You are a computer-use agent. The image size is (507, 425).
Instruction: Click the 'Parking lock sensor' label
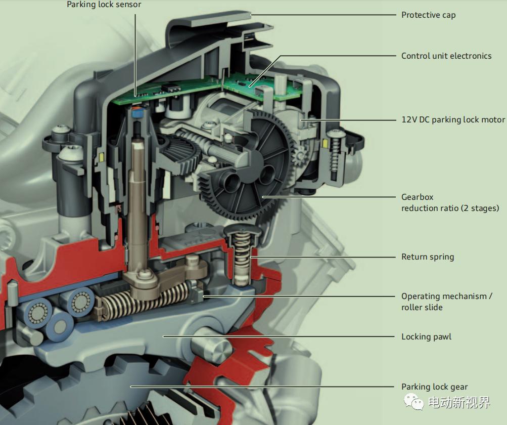(104, 5)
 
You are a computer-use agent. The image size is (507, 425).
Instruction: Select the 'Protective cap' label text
(428, 15)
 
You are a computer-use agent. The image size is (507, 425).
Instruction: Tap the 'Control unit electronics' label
(446, 56)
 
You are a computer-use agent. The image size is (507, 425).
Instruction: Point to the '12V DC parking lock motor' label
(453, 120)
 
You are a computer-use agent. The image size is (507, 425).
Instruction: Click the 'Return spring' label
(427, 257)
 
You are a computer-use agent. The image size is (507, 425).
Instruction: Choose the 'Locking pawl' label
(426, 336)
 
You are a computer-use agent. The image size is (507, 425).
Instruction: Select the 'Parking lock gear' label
(434, 387)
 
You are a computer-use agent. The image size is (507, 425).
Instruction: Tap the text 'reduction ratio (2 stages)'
(450, 208)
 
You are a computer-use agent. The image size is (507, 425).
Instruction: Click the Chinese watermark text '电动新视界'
(458, 403)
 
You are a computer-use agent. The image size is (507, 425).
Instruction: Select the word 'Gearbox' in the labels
(417, 197)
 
